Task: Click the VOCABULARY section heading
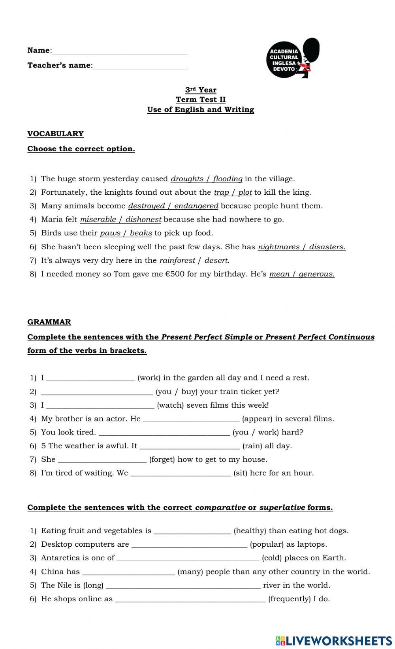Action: coord(55,134)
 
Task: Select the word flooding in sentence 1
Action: coord(228,179)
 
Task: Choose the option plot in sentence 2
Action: coord(245,192)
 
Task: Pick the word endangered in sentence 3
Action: coord(196,206)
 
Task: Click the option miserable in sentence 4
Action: coord(98,220)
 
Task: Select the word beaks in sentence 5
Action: coord(141,233)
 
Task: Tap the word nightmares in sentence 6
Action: coord(278,247)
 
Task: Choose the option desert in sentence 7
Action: coord(216,261)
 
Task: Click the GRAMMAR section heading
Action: coord(49,322)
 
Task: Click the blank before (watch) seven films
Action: coord(100,405)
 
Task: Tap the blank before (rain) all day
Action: coord(190,446)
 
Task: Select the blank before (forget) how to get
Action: coord(102,459)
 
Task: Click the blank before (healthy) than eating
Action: coord(192,531)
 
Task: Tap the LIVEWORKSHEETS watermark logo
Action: coord(334,640)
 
